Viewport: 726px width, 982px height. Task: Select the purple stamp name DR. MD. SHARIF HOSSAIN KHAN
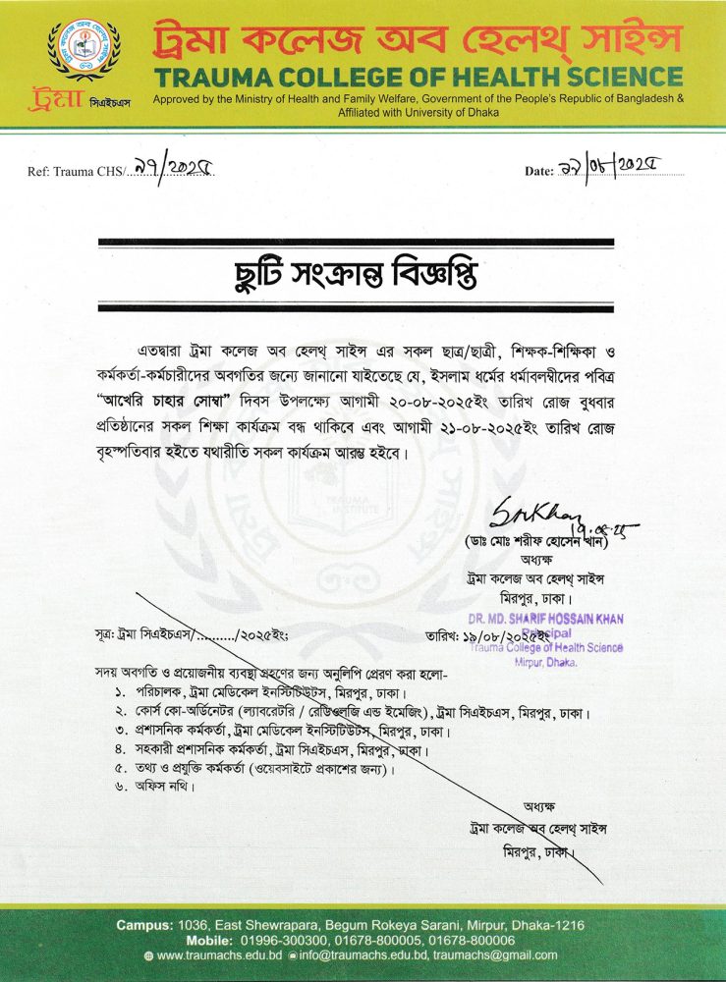coord(545,619)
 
